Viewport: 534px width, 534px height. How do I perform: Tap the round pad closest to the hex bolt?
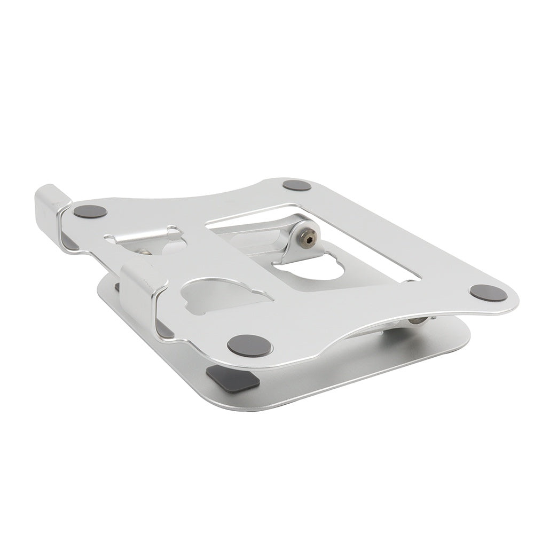(296, 185)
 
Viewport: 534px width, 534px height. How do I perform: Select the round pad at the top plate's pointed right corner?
(489, 293)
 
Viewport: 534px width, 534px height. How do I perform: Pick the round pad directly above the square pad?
(249, 345)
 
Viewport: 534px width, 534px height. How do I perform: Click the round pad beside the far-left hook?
(90, 211)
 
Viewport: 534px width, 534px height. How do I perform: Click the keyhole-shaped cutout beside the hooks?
(224, 295)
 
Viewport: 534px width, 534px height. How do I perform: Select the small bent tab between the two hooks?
(144, 235)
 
